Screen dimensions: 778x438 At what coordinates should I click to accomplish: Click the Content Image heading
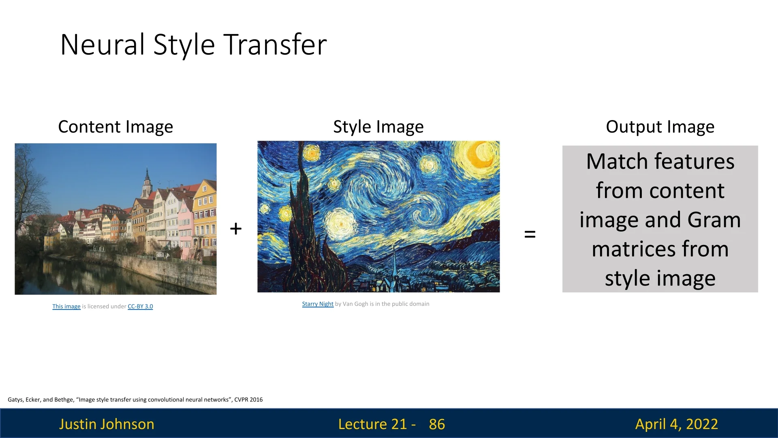click(115, 127)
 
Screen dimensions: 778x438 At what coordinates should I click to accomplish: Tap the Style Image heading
click(378, 127)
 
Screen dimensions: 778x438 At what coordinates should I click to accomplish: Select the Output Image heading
click(660, 127)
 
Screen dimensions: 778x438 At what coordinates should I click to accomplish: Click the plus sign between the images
click(236, 229)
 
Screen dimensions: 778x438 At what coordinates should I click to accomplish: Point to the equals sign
click(530, 234)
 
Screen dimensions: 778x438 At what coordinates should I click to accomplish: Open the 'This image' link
click(66, 306)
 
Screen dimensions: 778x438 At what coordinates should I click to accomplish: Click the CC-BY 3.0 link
click(140, 306)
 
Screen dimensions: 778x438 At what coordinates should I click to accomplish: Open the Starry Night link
click(318, 304)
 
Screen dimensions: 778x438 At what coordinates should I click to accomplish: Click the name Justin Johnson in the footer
click(107, 424)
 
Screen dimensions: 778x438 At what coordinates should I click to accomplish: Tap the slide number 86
click(437, 424)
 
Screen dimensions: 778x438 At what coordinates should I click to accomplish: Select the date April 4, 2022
click(677, 424)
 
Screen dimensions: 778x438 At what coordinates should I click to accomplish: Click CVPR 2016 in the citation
click(248, 399)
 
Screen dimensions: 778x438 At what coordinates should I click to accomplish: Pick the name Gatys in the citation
click(16, 399)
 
